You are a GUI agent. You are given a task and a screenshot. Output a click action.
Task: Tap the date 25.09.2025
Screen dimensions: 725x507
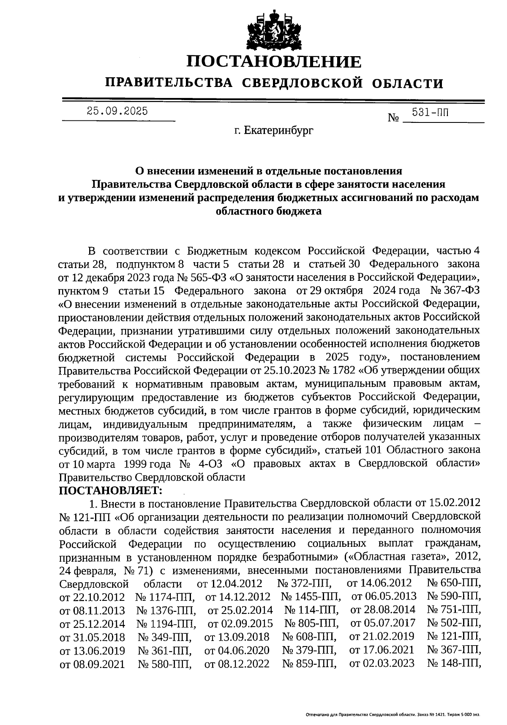click(x=117, y=111)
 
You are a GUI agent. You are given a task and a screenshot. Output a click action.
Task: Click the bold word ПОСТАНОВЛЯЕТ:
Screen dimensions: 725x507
click(x=110, y=490)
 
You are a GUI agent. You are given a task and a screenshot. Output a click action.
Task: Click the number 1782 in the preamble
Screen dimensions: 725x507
click(x=341, y=370)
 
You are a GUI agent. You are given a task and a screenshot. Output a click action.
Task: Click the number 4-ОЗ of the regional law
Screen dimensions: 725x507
click(x=211, y=464)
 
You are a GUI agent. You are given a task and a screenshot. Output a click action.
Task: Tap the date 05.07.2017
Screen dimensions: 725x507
click(x=383, y=623)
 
